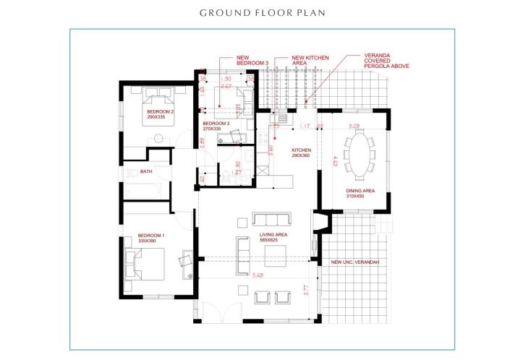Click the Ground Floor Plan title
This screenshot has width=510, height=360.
pos(255,13)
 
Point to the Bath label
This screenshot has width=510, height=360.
pos(146,171)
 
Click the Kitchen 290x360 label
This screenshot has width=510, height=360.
pos(301,153)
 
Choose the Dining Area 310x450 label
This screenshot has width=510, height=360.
pos(360,193)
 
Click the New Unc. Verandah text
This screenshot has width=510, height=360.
pos(354,262)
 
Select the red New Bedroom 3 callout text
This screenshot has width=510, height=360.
pos(252,60)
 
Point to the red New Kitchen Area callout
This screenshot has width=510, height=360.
pos(309,60)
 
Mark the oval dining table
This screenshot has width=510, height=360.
pos(360,156)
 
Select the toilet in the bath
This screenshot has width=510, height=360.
pos(130,173)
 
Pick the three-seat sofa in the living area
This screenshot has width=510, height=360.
pos(271,220)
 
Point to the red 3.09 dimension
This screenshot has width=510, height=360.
pos(354,127)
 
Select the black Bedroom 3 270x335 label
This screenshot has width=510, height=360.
pos(216,127)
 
